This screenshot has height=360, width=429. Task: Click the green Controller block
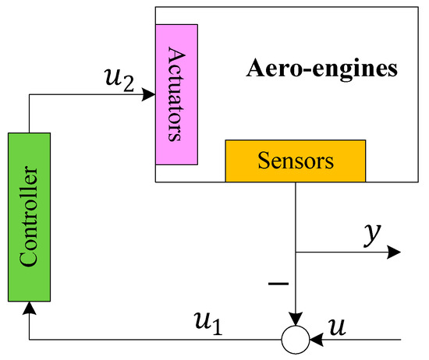pos(29,217)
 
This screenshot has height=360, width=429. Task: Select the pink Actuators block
pos(176,94)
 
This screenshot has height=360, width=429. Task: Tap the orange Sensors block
pos(295,161)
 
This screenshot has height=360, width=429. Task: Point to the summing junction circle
pos(295,340)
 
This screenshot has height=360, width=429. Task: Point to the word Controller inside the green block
pos(30,217)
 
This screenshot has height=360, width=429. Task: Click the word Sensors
pos(295,161)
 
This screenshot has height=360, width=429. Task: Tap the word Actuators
pos(176,94)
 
